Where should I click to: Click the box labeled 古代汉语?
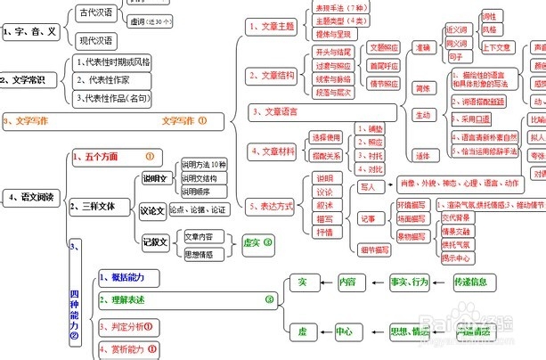[96, 12]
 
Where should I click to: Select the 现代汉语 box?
[96, 41]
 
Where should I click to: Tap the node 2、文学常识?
[30, 79]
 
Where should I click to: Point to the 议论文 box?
[152, 209]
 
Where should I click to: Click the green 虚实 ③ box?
[257, 241]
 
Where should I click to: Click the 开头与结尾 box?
[334, 53]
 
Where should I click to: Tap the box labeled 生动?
[422, 114]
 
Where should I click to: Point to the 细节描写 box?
[375, 250]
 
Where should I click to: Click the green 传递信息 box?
[470, 282]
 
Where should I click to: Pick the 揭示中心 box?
[462, 258]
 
